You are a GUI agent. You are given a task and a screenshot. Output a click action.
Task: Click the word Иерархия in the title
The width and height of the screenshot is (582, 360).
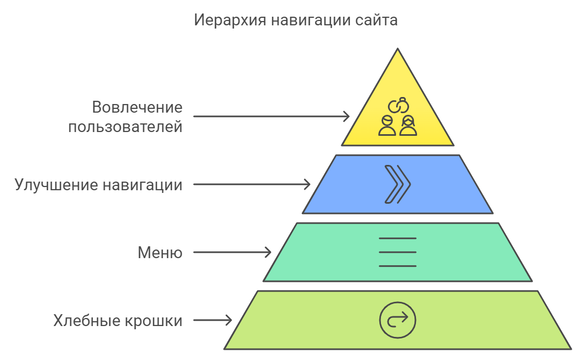pyautogui.click(x=230, y=20)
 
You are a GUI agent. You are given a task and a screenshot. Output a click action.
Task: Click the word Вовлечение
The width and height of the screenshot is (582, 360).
pyautogui.click(x=137, y=107)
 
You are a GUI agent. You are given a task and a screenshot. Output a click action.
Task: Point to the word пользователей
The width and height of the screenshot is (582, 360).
pyautogui.click(x=126, y=127)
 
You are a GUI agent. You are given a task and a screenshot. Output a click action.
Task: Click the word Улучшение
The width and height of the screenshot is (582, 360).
pyautogui.click(x=57, y=185)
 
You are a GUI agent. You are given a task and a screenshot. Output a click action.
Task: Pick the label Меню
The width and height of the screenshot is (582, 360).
pyautogui.click(x=160, y=253)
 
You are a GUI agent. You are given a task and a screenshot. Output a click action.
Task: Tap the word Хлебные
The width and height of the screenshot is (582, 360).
pyautogui.click(x=86, y=321)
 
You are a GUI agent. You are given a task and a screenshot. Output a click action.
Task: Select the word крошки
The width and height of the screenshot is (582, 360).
pyautogui.click(x=153, y=321)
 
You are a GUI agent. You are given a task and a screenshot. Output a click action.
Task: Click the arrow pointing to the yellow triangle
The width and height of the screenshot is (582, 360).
pyautogui.click(x=271, y=116)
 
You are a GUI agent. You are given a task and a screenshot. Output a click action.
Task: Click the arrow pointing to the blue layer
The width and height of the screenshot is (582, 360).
pyautogui.click(x=252, y=184)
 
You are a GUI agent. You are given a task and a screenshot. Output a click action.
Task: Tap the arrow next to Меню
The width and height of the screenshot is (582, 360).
pyautogui.click(x=232, y=252)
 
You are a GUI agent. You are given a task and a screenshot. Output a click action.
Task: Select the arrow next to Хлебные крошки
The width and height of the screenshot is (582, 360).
pyautogui.click(x=213, y=320)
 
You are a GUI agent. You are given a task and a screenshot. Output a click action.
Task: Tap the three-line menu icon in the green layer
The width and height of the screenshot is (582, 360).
pyautogui.click(x=398, y=252)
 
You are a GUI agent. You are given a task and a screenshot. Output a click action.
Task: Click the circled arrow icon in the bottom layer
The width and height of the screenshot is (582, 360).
pyautogui.click(x=398, y=320)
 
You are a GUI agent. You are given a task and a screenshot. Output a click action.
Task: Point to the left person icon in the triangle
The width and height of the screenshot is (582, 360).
pyautogui.click(x=387, y=126)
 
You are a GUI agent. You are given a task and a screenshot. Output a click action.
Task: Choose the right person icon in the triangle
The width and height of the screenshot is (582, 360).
pyautogui.click(x=408, y=126)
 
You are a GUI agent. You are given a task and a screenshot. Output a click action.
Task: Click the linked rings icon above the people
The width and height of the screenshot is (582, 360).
pyautogui.click(x=398, y=105)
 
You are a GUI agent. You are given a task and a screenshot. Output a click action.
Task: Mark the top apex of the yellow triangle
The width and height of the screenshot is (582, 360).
pyautogui.click(x=398, y=49)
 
